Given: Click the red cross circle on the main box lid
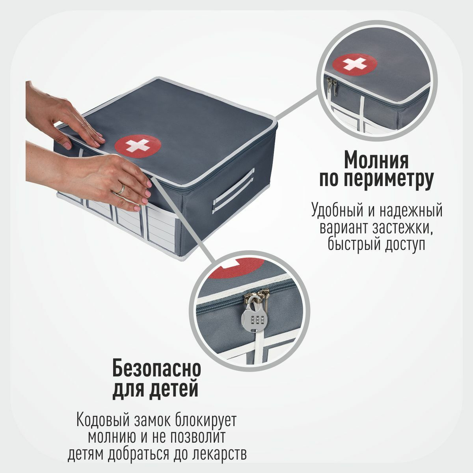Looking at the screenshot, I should [138, 145].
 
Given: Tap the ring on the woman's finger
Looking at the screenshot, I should [121, 190].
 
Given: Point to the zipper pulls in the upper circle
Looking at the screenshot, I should [332, 87].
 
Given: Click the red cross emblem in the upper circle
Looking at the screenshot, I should [355, 64].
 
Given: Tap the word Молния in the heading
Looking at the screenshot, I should [377, 160].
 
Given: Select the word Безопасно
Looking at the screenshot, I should [157, 368].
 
